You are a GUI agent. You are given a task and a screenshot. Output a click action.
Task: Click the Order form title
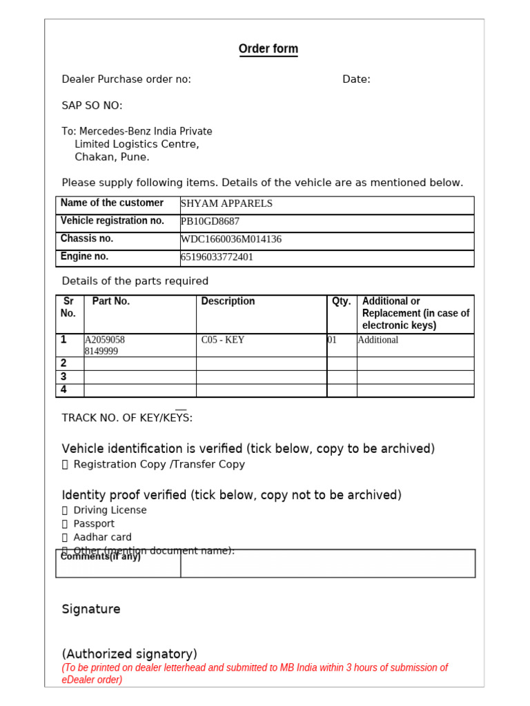tap(268, 49)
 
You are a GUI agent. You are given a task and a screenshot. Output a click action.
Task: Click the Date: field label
tap(356, 79)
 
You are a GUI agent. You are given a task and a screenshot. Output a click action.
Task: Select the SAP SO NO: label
tap(92, 105)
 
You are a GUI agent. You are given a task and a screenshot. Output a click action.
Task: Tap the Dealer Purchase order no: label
tap(126, 79)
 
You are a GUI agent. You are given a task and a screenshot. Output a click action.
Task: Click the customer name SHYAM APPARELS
tap(226, 203)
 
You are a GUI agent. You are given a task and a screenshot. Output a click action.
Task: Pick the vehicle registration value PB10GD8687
tap(210, 221)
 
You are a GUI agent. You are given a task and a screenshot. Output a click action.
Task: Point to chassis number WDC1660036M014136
tap(230, 239)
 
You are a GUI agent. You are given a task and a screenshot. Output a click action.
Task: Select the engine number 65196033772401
tap(217, 257)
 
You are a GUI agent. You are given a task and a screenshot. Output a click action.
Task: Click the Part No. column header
tap(110, 301)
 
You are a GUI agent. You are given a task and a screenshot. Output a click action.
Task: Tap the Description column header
tap(228, 301)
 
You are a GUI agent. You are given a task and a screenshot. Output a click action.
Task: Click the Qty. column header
tap(341, 301)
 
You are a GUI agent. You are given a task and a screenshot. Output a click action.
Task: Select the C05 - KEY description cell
tap(223, 340)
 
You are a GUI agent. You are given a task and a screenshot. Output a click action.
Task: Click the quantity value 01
tap(332, 340)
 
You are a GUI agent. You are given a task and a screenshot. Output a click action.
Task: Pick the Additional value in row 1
tap(377, 340)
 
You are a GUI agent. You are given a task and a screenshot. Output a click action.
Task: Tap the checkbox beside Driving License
tap(65, 510)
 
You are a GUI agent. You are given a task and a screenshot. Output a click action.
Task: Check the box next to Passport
tap(65, 524)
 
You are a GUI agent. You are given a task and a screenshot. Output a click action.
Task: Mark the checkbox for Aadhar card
tap(65, 537)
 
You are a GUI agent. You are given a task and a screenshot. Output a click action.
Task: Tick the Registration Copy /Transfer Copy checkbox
tap(65, 465)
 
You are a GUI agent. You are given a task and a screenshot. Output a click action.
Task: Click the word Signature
tap(90, 609)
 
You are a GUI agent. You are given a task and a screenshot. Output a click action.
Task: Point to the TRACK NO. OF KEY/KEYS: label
tap(127, 418)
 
